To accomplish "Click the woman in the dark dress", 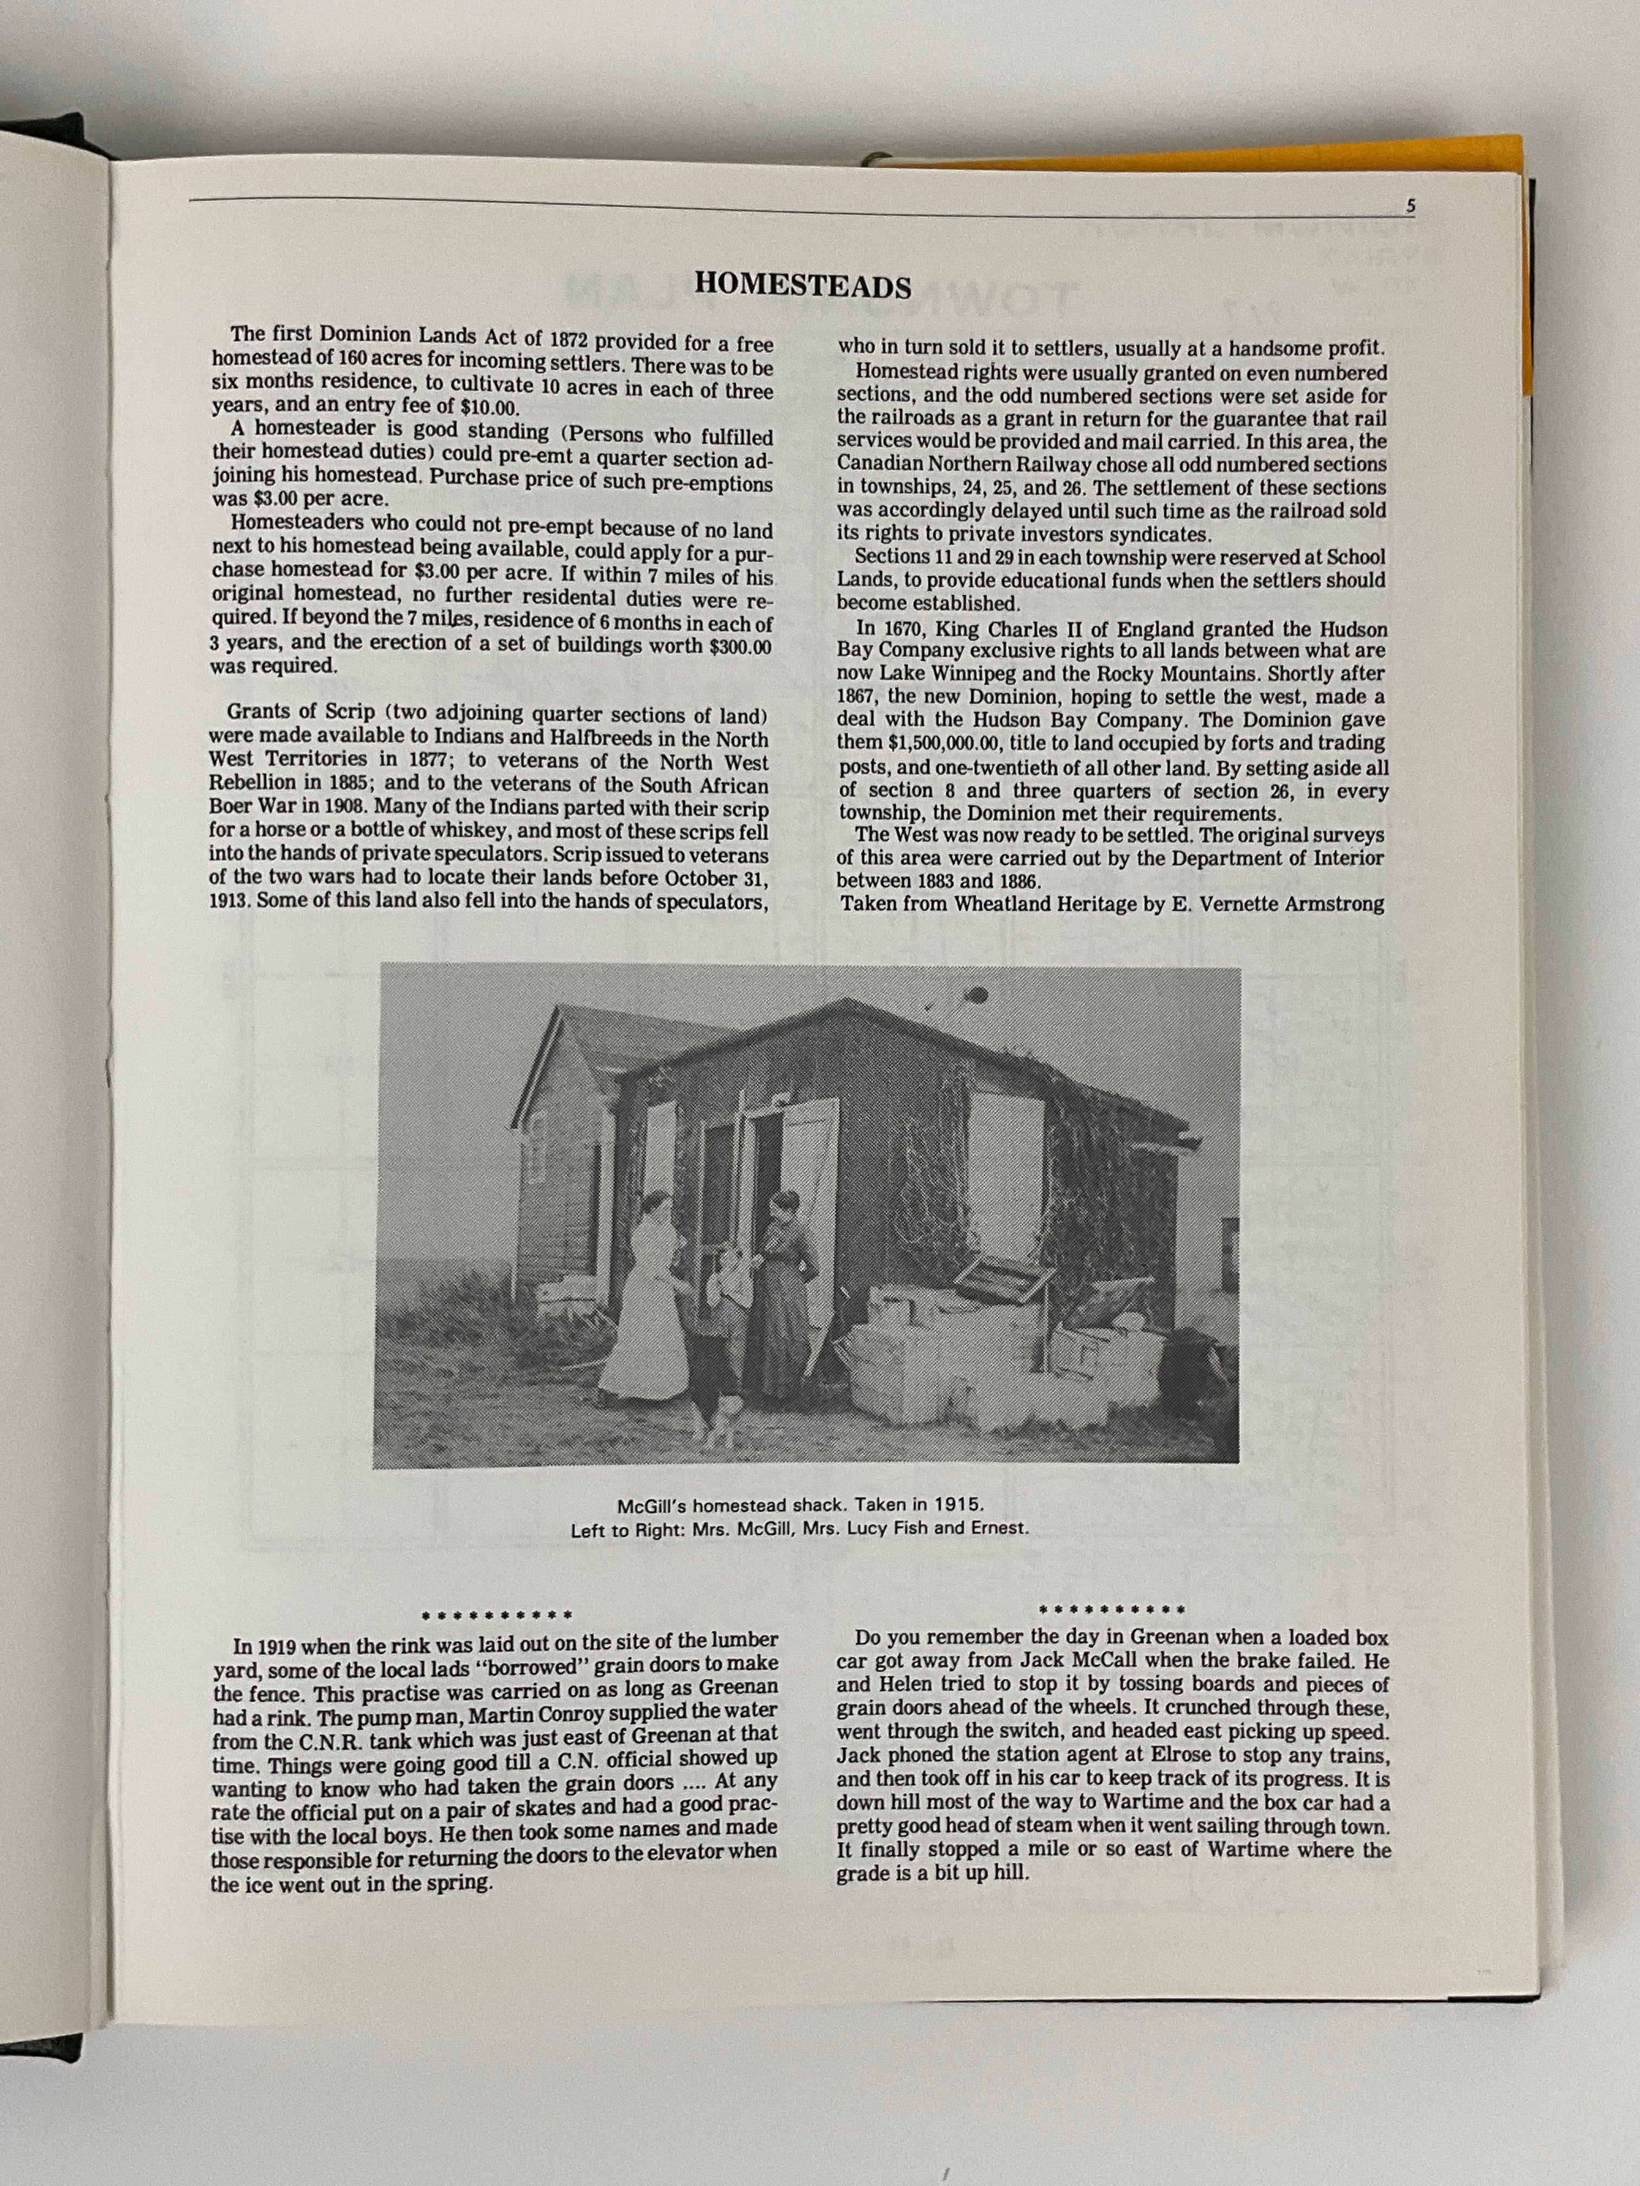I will coord(786,1285).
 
